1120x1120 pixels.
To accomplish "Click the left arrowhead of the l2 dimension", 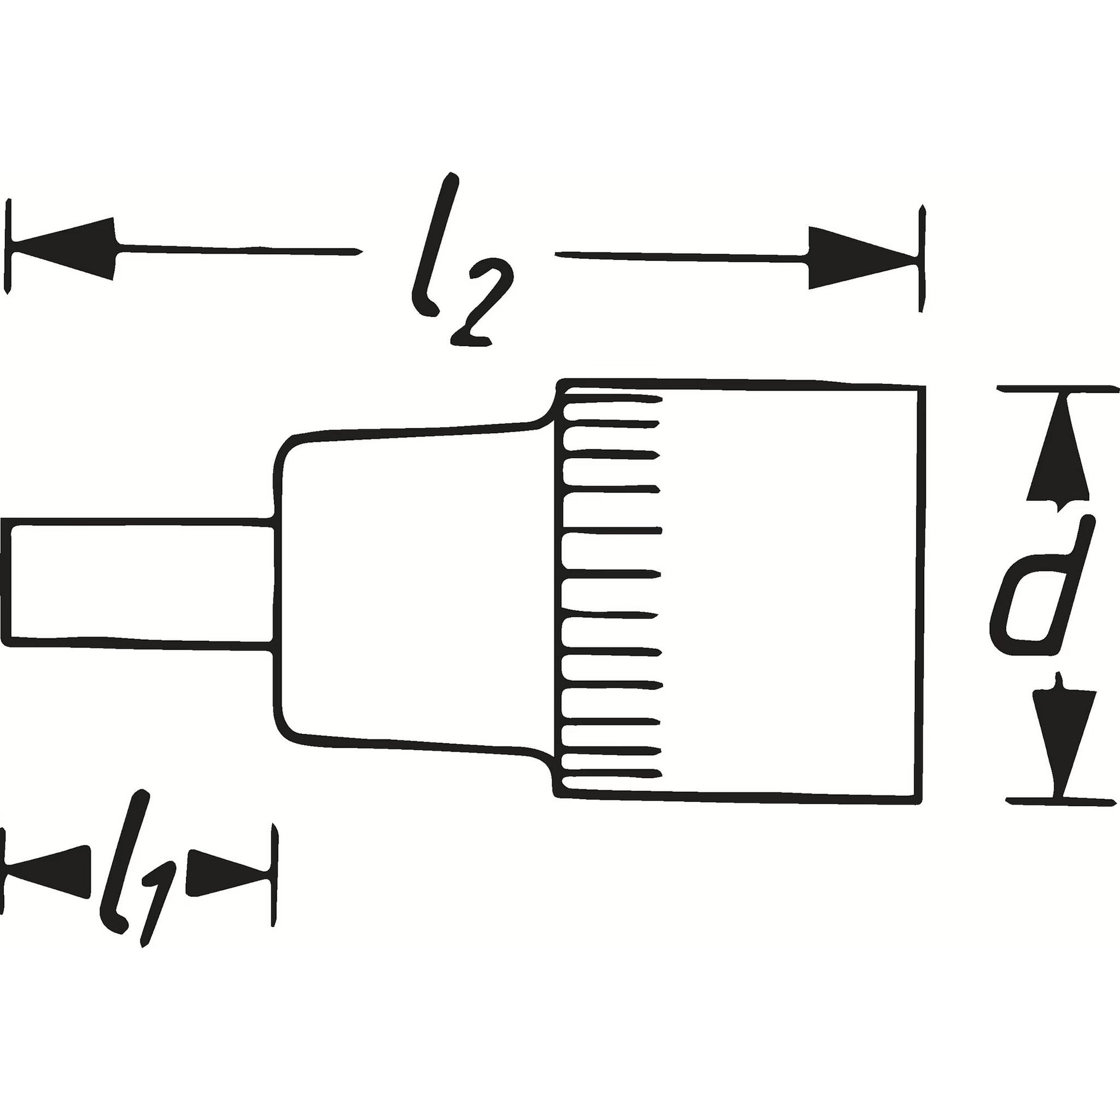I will click(x=64, y=249).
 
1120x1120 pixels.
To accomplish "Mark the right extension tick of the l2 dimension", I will click(x=921, y=258).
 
